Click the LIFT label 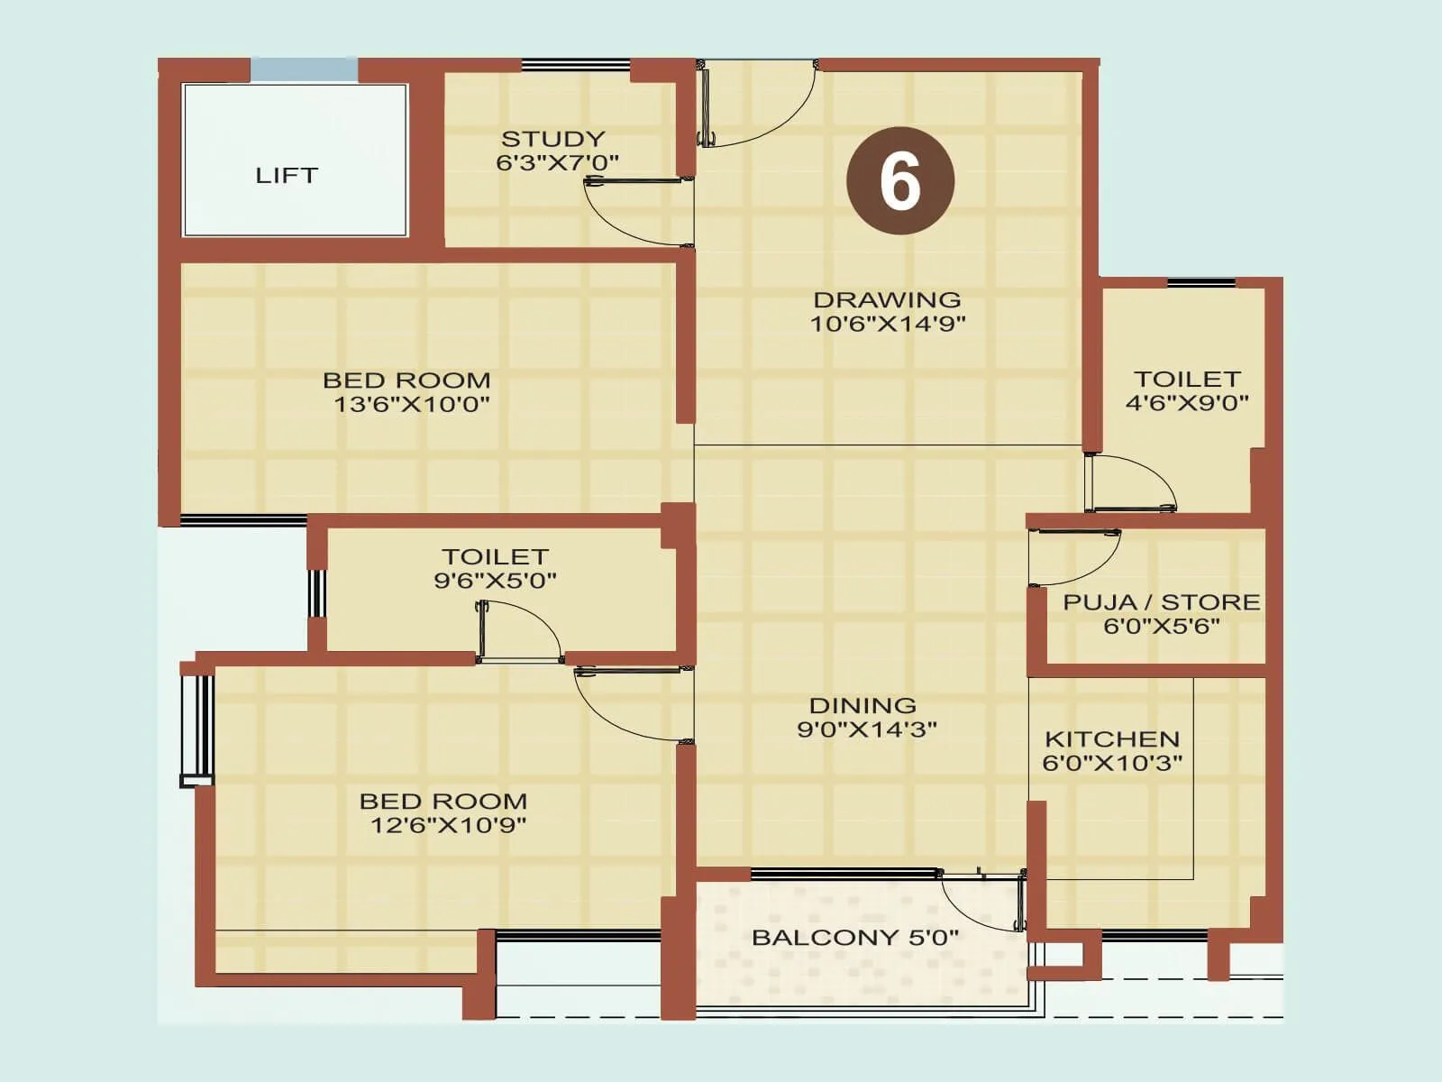pos(287,175)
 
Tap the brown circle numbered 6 pos(899,181)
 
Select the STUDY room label pos(552,139)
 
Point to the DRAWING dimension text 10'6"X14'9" pos(887,324)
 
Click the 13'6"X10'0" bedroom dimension pos(411,404)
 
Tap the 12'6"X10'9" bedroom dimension pos(448,824)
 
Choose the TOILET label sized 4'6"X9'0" pos(1187,379)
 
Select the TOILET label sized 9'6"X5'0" pos(495,556)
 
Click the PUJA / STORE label pos(1162,601)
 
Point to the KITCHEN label pos(1111,738)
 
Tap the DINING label pos(862,705)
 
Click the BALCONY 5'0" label pos(854,937)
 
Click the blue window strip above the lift pos(304,69)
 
